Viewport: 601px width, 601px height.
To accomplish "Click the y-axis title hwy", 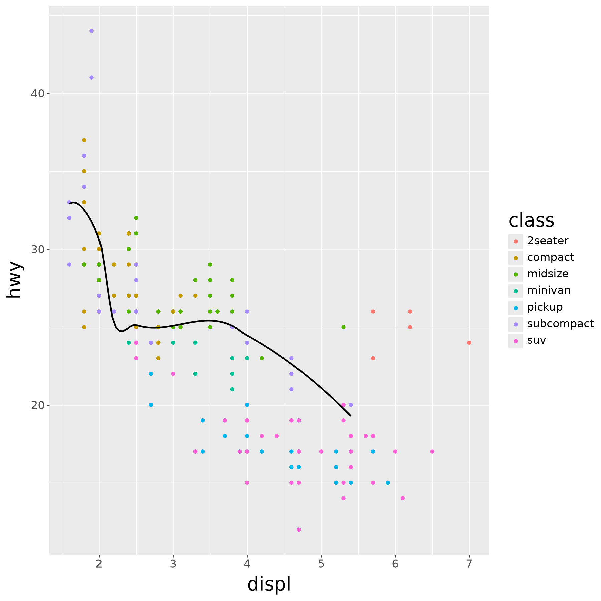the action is [x=15, y=280].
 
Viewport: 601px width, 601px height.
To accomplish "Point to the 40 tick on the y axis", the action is [x=48, y=93].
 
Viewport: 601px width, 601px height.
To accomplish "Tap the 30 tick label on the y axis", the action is [x=38, y=249].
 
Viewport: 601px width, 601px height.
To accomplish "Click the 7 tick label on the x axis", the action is [x=469, y=564].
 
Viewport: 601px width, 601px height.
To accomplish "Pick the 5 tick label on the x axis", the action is [x=321, y=564].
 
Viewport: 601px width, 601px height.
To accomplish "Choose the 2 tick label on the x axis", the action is [x=99, y=564].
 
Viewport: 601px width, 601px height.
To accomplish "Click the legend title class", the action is [x=531, y=220].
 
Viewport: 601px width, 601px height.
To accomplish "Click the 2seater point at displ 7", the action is [x=469, y=343].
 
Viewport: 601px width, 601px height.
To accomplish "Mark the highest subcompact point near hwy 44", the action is [x=91, y=31].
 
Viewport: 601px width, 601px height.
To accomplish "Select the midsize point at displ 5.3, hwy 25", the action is [x=343, y=327].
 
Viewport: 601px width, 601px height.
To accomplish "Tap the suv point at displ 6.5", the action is [x=432, y=452].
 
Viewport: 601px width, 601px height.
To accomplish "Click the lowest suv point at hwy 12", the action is [x=299, y=530].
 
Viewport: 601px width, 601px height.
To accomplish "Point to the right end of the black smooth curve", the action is [x=351, y=416].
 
